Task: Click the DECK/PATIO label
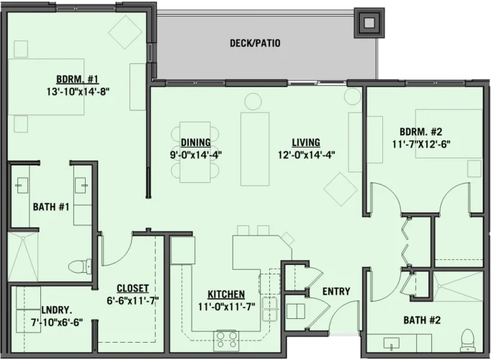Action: point(255,44)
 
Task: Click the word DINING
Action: point(196,143)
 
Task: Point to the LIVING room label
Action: point(306,143)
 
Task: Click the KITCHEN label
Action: point(225,294)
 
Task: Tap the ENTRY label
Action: point(336,292)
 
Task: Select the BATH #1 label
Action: point(50,207)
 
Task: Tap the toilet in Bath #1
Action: point(89,264)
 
